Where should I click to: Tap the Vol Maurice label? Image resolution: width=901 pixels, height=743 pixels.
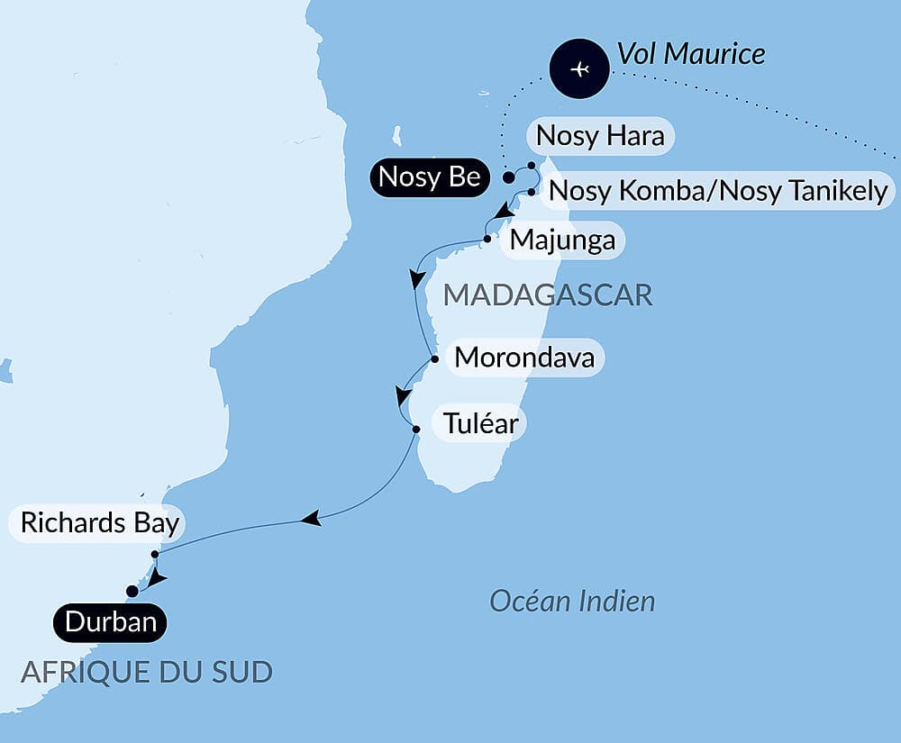point(690,53)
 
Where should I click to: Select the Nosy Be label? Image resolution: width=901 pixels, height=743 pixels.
point(429,177)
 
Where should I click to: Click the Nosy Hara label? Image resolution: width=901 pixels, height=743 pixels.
point(600,136)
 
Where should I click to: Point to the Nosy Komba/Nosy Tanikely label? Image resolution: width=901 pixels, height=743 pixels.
point(718,191)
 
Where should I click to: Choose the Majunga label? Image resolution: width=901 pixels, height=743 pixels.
point(562,240)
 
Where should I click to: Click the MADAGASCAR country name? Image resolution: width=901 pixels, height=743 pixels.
point(548,294)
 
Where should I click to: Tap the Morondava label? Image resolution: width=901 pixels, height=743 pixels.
point(524,358)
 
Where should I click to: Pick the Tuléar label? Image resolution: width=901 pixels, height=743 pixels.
point(478,422)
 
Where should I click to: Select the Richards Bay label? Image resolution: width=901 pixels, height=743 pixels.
point(99,523)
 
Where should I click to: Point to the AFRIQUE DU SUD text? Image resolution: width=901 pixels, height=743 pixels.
point(146,672)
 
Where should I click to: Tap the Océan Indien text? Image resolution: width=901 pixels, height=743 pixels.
point(572,601)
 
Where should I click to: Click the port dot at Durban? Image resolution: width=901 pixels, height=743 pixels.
point(132,591)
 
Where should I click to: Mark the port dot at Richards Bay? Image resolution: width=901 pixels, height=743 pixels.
point(155,554)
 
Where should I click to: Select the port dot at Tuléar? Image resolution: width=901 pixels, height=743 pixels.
point(415,429)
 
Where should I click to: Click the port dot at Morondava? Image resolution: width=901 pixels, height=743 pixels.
point(435,358)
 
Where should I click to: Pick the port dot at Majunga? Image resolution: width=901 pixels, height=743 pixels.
point(487,239)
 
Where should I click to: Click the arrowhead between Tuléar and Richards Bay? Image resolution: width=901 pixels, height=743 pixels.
point(311,519)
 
